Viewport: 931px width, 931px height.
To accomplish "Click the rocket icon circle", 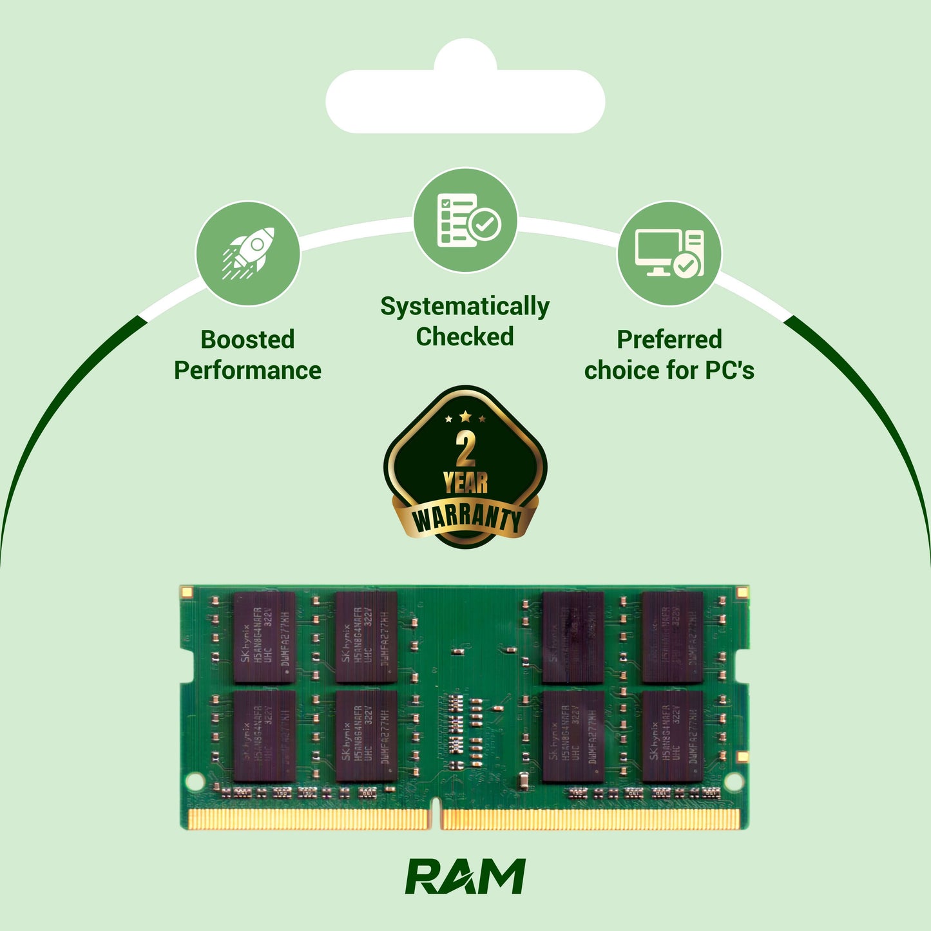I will (x=248, y=253).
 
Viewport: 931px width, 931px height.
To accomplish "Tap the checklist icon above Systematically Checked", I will (x=465, y=220).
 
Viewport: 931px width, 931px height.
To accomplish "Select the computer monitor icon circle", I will (x=669, y=253).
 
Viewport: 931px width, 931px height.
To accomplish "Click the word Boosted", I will (x=247, y=340).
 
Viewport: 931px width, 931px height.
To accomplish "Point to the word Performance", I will (x=247, y=370).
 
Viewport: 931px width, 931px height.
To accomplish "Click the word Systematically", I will (x=465, y=307).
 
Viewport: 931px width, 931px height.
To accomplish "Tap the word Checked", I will (x=465, y=337).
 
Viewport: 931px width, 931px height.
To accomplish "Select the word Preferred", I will (x=669, y=340).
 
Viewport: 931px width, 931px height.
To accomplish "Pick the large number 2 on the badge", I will (x=465, y=449).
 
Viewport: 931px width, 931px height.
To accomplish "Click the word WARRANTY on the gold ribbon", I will (x=466, y=518).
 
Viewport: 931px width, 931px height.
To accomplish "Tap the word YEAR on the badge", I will (x=465, y=483).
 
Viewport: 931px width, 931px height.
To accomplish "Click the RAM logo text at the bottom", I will (x=465, y=876).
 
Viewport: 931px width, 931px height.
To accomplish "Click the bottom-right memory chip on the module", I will (x=673, y=736).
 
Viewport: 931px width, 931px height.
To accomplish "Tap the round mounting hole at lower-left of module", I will (x=195, y=782).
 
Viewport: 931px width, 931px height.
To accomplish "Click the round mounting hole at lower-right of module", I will (x=733, y=782).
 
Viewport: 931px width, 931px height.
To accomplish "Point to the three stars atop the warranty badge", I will (x=465, y=418).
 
